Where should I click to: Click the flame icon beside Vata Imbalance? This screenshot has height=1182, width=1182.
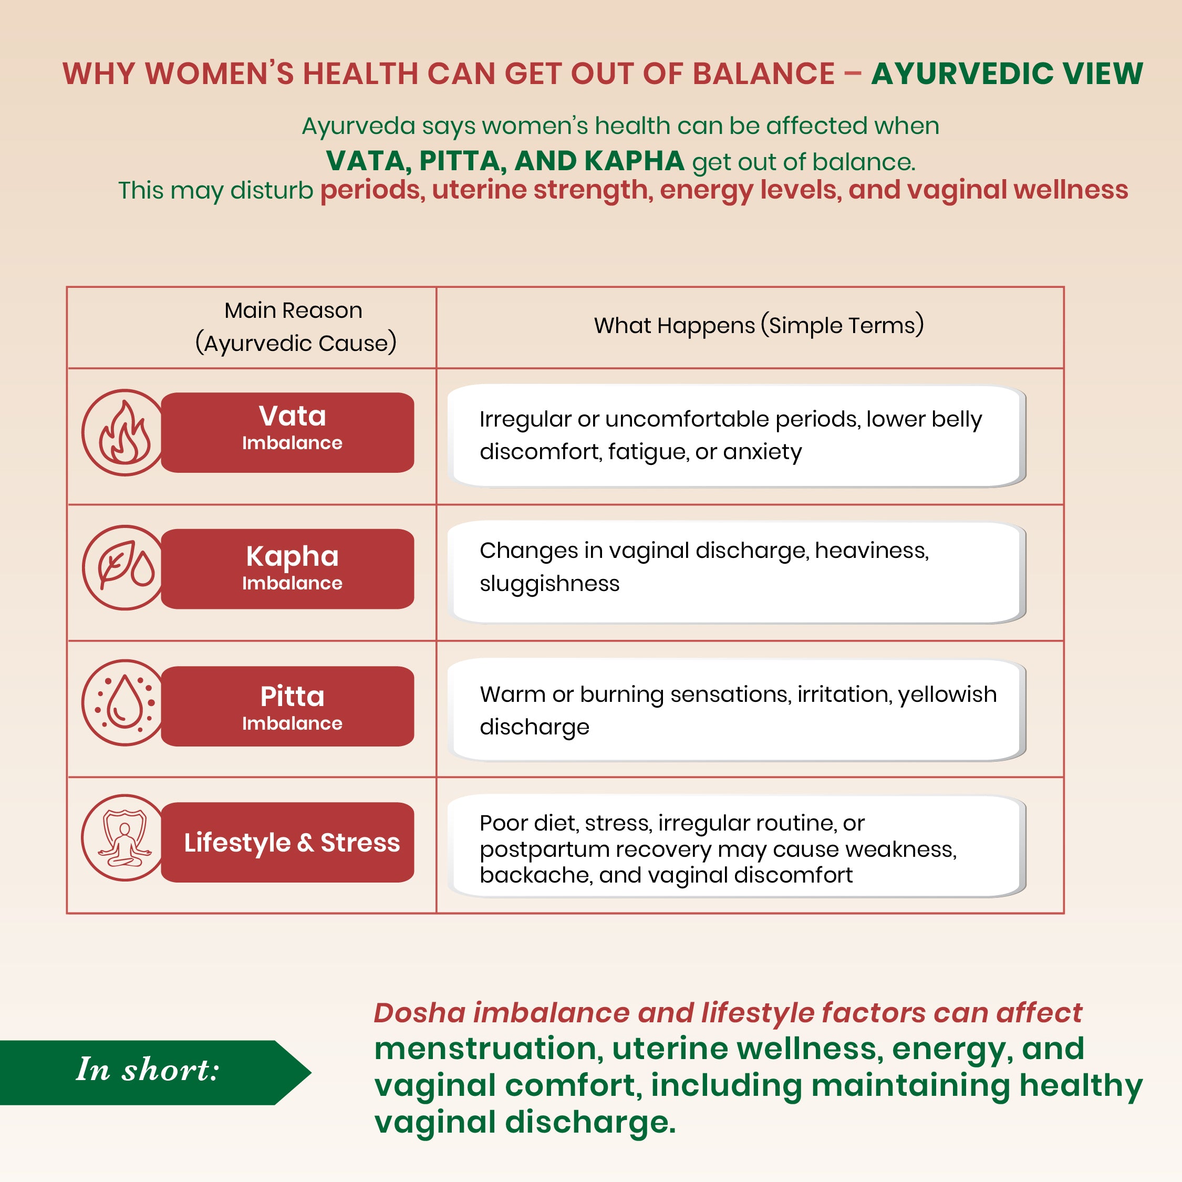pyautogui.click(x=125, y=432)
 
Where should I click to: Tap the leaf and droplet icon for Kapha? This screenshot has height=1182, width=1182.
pyautogui.click(x=125, y=568)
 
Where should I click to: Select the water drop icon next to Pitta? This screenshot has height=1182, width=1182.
pyautogui.click(x=125, y=702)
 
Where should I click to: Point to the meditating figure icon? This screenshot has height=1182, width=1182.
pyautogui.click(x=125, y=837)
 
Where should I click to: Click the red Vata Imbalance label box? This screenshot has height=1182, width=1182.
pyautogui.click(x=287, y=432)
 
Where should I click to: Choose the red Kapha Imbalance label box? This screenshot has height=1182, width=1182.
pyautogui.click(x=287, y=569)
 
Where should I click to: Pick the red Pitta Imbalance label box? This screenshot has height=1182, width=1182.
pyautogui.click(x=287, y=706)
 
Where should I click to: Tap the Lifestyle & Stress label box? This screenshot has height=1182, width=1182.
pyautogui.click(x=287, y=842)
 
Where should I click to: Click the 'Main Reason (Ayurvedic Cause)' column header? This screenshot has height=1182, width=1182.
pyautogui.click(x=295, y=327)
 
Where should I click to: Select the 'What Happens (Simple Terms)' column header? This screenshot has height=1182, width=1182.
pyautogui.click(x=759, y=326)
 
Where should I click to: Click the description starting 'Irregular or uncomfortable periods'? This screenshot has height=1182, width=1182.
pyautogui.click(x=731, y=435)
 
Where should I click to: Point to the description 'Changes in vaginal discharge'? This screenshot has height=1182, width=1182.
pyautogui.click(x=704, y=566)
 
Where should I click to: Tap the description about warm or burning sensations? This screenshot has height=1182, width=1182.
pyautogui.click(x=738, y=710)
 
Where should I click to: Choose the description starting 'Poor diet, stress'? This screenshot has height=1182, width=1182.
pyautogui.click(x=718, y=849)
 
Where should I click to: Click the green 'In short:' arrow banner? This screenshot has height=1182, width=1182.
pyautogui.click(x=155, y=1073)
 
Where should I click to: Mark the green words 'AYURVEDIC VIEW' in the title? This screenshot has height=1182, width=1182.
pyautogui.click(x=1007, y=74)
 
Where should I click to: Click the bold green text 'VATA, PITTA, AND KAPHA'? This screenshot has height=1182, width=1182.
pyautogui.click(x=505, y=161)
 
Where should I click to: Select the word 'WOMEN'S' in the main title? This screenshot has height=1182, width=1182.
pyautogui.click(x=220, y=74)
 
